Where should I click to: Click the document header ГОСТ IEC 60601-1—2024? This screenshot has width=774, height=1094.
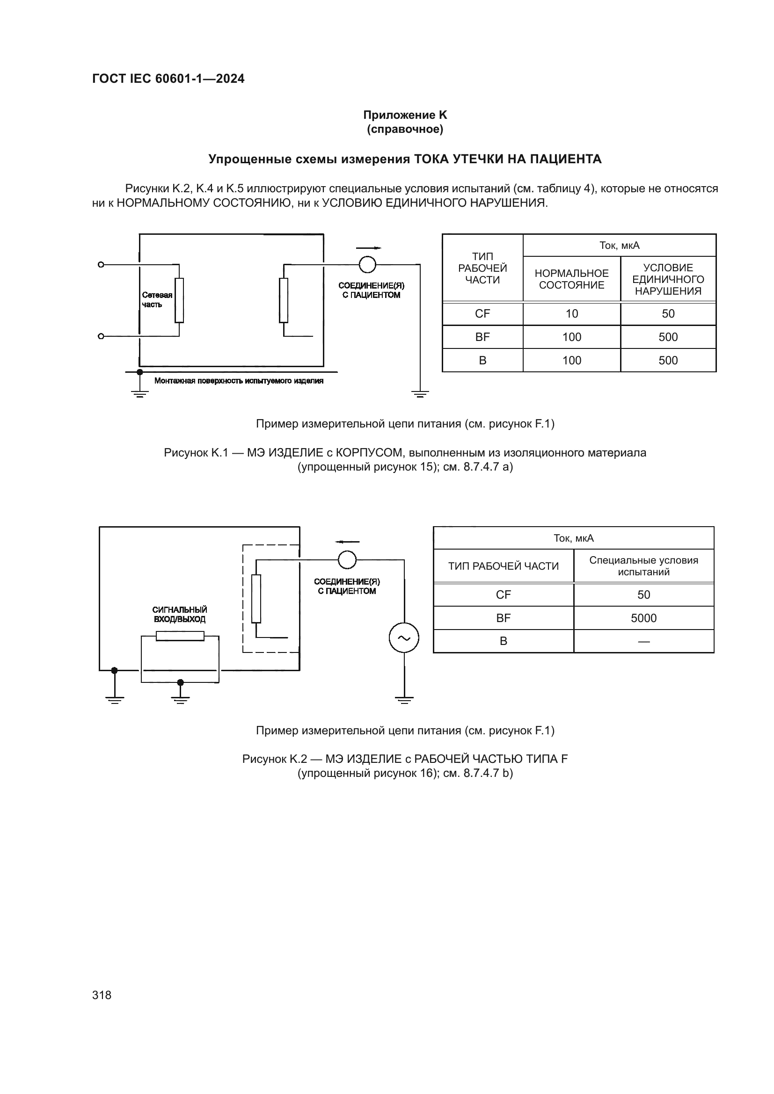point(168,79)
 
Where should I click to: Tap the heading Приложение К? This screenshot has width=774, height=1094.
point(405,115)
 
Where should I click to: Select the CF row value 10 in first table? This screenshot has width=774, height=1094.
point(571,313)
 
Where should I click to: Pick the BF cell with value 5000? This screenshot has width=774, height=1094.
point(643,618)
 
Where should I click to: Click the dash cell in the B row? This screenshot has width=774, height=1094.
point(643,641)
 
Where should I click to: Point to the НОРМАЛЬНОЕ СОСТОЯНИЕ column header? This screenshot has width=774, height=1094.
point(571,279)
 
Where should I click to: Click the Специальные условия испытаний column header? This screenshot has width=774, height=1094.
point(643,566)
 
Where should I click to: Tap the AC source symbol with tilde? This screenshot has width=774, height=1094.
point(404,638)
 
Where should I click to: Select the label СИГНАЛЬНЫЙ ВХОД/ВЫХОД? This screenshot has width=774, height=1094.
point(180,615)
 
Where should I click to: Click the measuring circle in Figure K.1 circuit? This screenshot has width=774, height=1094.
point(367,264)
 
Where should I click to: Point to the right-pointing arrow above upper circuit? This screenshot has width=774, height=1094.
point(368,248)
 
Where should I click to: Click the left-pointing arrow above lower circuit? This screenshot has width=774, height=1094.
point(347,542)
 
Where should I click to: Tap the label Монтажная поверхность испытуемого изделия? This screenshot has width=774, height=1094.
point(239,381)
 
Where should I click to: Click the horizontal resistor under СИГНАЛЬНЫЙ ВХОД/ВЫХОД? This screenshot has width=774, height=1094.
point(180,636)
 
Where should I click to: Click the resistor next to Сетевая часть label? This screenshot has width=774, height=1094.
point(179,300)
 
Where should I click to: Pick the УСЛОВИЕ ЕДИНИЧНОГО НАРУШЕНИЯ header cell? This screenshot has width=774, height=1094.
point(668,279)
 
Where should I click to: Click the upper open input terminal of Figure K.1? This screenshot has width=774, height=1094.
point(101,264)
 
